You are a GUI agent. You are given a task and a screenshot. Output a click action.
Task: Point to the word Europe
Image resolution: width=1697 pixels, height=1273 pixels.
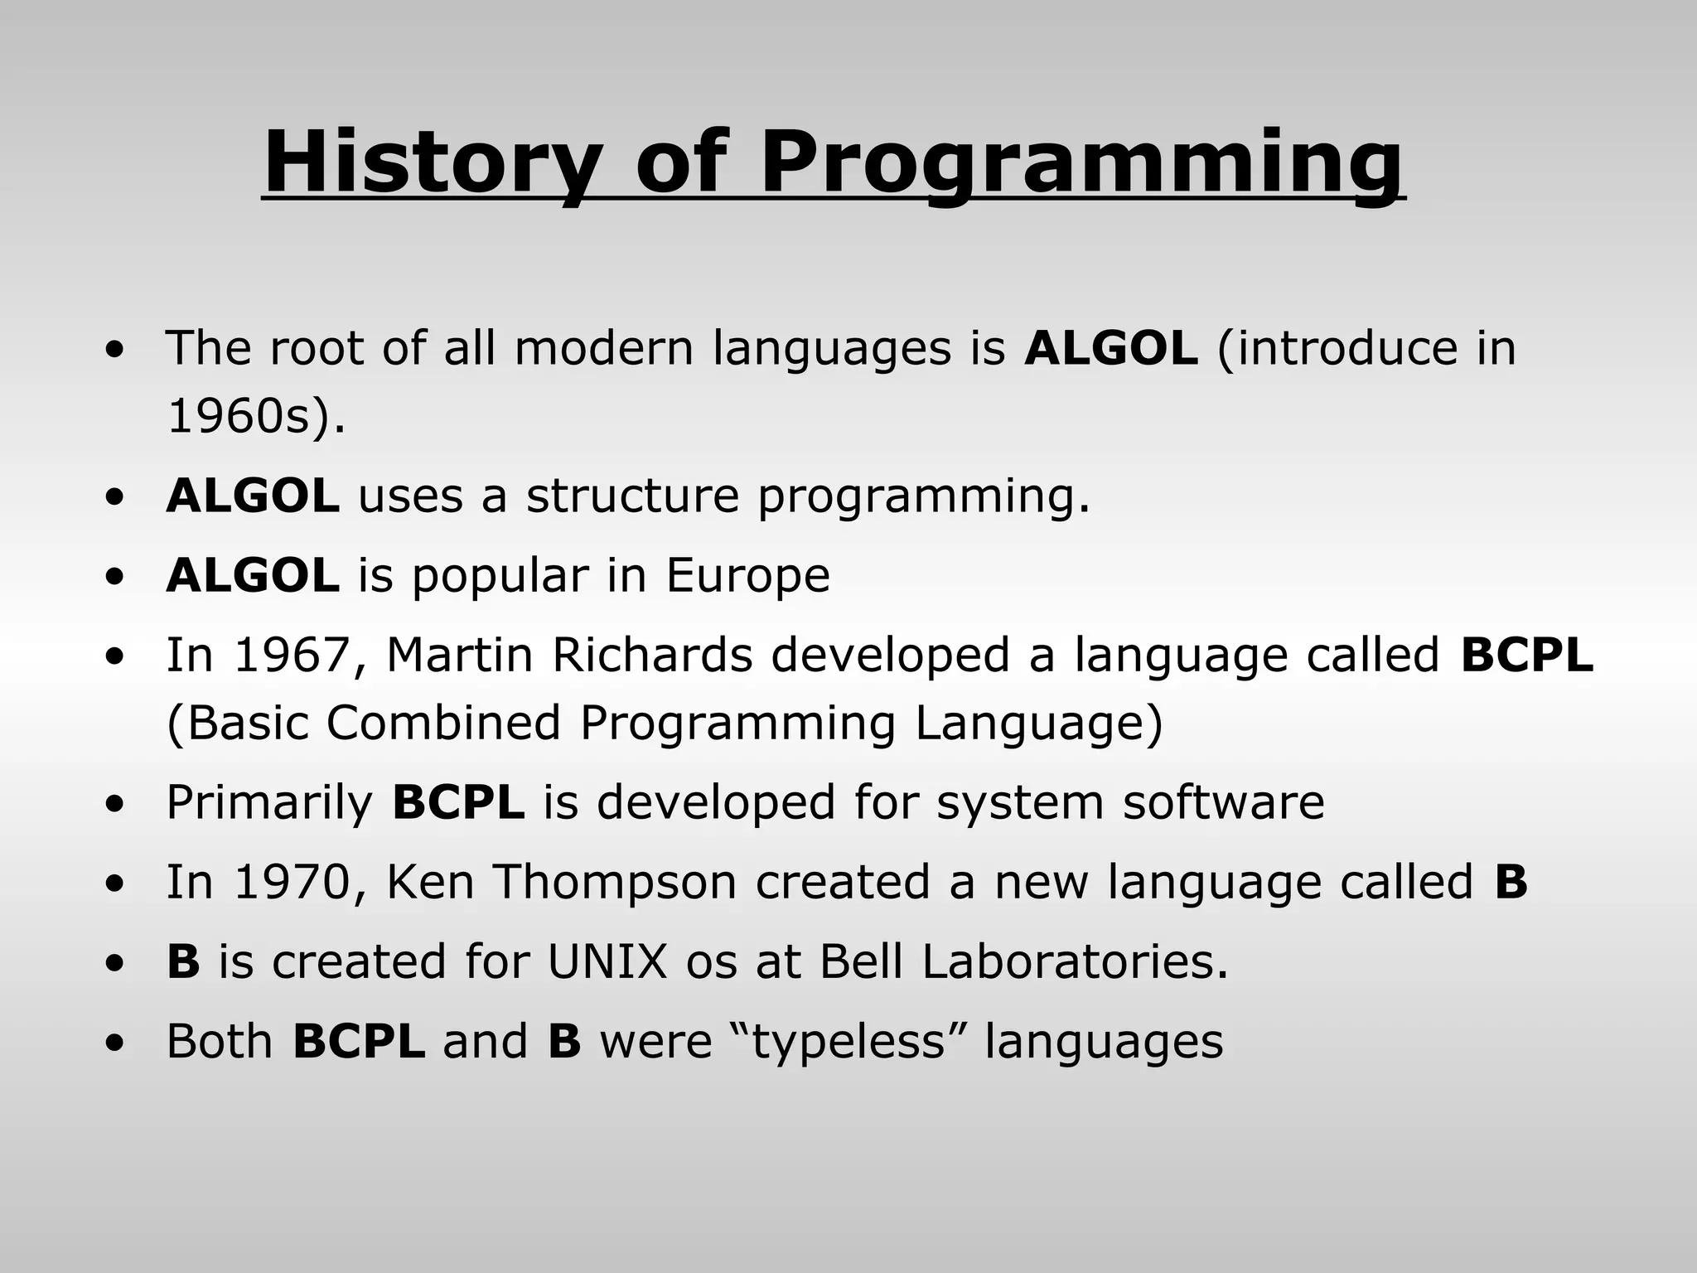(x=747, y=577)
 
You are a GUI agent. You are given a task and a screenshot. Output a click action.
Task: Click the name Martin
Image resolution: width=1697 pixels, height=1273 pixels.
(x=459, y=655)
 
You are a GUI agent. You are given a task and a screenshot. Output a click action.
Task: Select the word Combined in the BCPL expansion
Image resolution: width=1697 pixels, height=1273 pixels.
(x=443, y=723)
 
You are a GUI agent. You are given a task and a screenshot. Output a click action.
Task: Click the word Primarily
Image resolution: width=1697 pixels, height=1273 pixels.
(x=269, y=802)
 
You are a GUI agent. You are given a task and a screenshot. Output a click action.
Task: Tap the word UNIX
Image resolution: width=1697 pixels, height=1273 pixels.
(x=607, y=961)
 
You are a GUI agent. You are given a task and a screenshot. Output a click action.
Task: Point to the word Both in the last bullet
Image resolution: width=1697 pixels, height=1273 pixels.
(x=220, y=1041)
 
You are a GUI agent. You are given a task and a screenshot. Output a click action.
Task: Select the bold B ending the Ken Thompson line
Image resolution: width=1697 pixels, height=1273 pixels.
(x=1511, y=882)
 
